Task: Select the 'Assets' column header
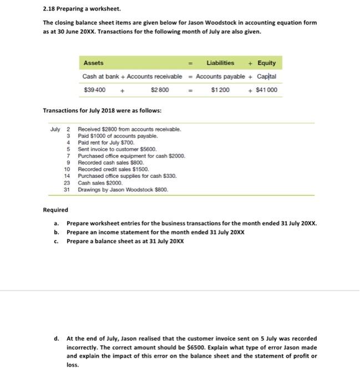93,63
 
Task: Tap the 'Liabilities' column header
220,63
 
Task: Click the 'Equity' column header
266,63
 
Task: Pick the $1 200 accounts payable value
220,90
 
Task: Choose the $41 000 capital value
266,90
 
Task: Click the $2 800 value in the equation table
160,90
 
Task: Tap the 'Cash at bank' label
100,76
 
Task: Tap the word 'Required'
55,210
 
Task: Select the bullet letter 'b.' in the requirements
57,233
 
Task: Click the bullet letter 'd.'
57,338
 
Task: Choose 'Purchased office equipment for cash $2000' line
131,156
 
